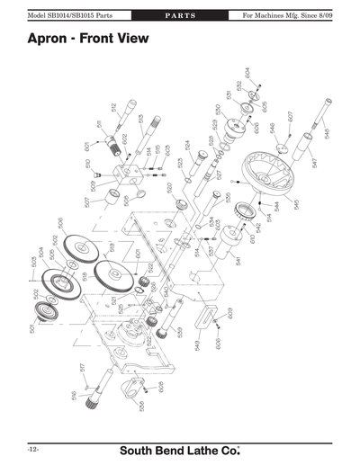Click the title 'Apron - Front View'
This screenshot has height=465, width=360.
pos(87,40)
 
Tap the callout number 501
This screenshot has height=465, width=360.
pos(31,330)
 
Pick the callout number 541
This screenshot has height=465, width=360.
pos(238,261)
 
